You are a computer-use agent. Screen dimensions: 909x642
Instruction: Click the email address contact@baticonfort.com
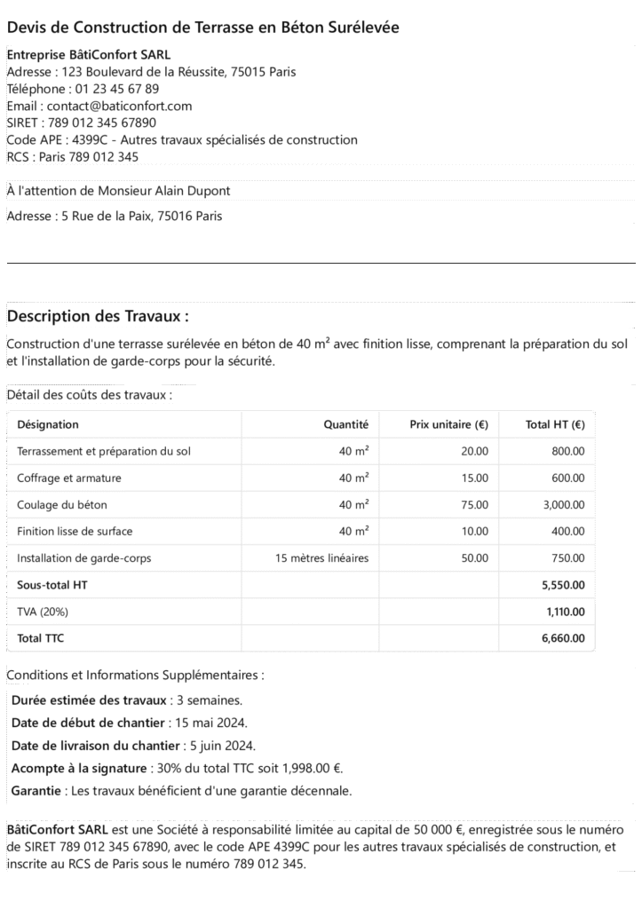tap(119, 106)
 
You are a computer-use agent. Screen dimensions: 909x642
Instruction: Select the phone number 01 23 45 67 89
tap(120, 89)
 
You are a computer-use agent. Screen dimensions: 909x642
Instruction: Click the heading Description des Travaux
tap(98, 317)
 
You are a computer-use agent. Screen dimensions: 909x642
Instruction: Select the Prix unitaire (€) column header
tap(448, 424)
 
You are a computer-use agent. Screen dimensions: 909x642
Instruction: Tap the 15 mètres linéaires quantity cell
tap(322, 558)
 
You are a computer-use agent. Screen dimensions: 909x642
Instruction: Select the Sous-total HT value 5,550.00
tap(563, 585)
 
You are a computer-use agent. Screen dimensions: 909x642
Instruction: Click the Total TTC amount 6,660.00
tap(563, 638)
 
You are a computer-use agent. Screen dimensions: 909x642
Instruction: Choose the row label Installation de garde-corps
tap(83, 558)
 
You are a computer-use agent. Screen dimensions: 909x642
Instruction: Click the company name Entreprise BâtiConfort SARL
tap(88, 54)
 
